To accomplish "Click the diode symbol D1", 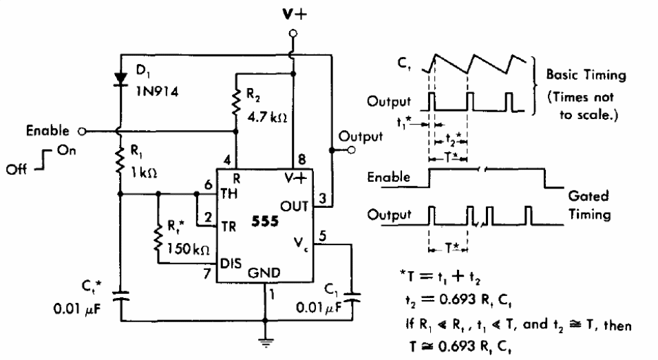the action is coord(121,79).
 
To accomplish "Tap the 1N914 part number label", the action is coord(158,92).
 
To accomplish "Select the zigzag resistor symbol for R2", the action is coord(236,101).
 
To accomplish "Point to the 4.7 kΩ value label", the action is coord(267,116).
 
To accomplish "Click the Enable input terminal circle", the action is coord(83,131).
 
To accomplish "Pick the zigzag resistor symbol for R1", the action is coord(120,160).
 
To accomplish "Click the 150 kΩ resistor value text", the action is coord(188,248).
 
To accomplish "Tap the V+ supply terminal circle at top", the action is coord(293,33).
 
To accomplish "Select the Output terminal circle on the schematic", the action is coord(352,150).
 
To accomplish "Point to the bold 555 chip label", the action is coord(265,221).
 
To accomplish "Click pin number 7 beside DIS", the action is coord(207,273).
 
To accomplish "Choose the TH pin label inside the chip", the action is coord(229,194).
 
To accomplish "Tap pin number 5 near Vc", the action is coord(322,236).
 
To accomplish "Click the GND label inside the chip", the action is coord(264,273).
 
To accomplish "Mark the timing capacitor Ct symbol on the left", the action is coord(120,296).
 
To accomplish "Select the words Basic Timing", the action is coord(586,75).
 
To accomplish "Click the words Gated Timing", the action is coord(589,205).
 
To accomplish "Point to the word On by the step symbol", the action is coord(66,150).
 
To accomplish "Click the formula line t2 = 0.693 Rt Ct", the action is coord(458,299).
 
